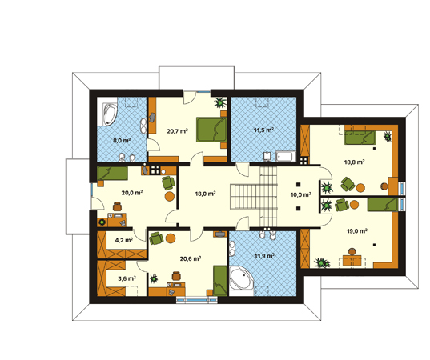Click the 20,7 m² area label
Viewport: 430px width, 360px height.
[177, 131]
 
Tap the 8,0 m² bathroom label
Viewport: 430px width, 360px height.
[122, 141]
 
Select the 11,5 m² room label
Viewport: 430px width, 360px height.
[263, 130]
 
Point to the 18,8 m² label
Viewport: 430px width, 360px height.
[354, 162]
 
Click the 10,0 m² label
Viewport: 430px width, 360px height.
[300, 194]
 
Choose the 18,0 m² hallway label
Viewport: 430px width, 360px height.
[205, 194]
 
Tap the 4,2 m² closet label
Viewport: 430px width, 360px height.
[124, 240]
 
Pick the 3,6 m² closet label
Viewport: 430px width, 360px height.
[127, 278]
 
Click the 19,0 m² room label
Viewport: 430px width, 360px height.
[357, 231]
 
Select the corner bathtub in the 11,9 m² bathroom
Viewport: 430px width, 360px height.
[241, 278]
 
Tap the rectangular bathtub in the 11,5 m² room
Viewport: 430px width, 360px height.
[286, 157]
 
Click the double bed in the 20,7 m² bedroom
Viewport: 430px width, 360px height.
[211, 130]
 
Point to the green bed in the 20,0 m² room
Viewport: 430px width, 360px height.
[112, 174]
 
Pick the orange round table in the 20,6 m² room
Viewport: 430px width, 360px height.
[171, 238]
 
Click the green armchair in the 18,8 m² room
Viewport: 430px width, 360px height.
[348, 184]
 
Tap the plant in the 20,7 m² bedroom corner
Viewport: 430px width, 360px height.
[220, 102]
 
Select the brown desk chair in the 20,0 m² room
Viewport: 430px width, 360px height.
[118, 206]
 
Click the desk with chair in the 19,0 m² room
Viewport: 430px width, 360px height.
[352, 258]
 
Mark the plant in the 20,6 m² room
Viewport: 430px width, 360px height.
[154, 278]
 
